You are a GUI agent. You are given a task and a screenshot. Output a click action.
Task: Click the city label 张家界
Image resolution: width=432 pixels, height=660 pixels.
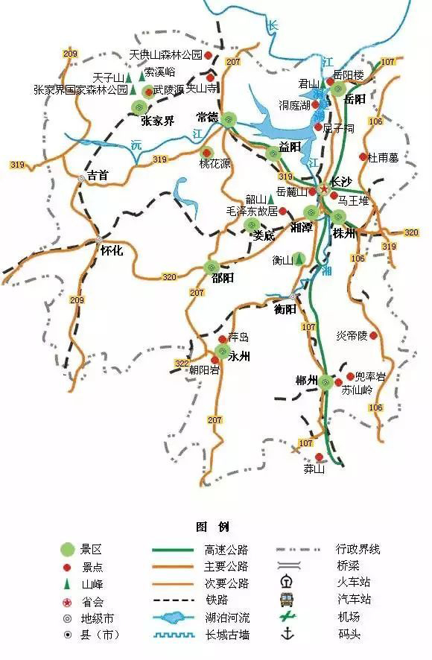pos(158,121)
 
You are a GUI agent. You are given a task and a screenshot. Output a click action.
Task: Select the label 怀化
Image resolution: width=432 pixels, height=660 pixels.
pos(112,251)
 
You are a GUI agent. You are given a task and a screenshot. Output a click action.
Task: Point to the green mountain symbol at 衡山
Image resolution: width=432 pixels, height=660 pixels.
pos(299,259)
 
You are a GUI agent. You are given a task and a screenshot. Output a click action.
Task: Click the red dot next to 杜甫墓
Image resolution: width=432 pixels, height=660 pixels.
pos(363,157)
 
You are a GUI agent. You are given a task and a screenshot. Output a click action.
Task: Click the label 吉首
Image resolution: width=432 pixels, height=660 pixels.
pos(98,176)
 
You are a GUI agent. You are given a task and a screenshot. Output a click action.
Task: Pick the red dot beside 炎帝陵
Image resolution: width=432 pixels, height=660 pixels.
pos(374,336)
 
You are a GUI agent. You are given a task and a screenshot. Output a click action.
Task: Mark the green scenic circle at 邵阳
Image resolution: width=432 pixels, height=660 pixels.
pos(212,267)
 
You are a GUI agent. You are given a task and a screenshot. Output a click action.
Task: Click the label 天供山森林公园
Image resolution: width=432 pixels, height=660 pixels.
pos(165,55)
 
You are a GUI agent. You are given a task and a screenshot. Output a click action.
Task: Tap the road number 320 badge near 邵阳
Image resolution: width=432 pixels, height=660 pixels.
pos(170,277)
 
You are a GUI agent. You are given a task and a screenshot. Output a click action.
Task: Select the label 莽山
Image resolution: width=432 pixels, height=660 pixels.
pos(314,469)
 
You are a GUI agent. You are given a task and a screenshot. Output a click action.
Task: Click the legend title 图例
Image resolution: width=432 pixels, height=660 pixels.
pos(212,527)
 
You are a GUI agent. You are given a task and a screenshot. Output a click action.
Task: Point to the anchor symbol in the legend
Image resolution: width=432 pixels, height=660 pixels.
pos(287,634)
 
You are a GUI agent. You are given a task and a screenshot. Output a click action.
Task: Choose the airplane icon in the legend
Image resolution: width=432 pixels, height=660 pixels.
pos(287,617)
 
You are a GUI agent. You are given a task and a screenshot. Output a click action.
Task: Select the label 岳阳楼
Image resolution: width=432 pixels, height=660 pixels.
pos(349,75)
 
